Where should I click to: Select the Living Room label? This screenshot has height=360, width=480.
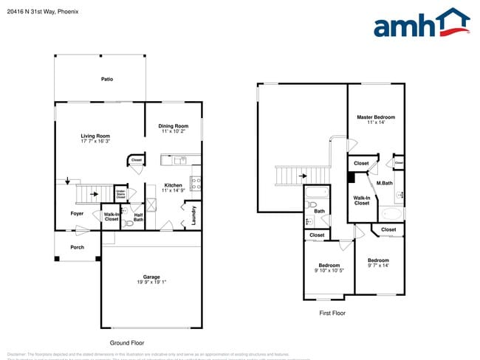[95, 136]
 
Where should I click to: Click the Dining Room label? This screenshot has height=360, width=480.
[174, 125]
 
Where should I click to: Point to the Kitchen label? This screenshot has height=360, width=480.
[173, 185]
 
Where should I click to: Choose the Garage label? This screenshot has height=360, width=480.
[151, 277]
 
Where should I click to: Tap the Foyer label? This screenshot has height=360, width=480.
[78, 214]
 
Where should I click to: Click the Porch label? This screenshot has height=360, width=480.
[78, 248]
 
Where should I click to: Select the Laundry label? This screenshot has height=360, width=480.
[194, 214]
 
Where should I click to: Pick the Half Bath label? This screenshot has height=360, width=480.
[138, 217]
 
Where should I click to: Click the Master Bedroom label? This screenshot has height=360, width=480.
[376, 117]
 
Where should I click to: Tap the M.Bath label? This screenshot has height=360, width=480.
[384, 183]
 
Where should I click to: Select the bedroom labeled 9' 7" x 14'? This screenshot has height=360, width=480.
[378, 263]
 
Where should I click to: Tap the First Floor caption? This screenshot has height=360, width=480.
[332, 313]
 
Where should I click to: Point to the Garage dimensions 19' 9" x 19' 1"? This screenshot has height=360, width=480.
[151, 282]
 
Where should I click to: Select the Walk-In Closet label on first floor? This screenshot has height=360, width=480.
[362, 200]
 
